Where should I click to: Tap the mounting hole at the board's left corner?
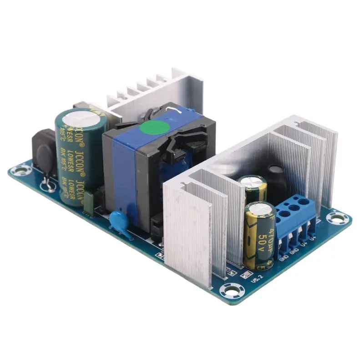pyautogui.click(x=19, y=172)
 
